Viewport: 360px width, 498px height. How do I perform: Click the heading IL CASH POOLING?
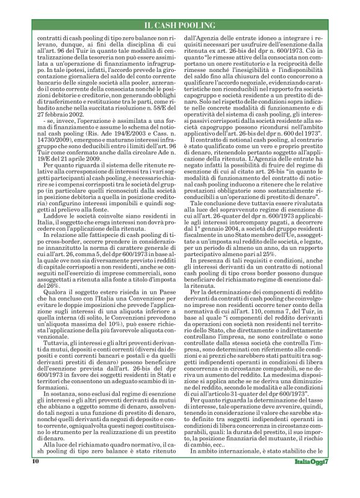(179, 24)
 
